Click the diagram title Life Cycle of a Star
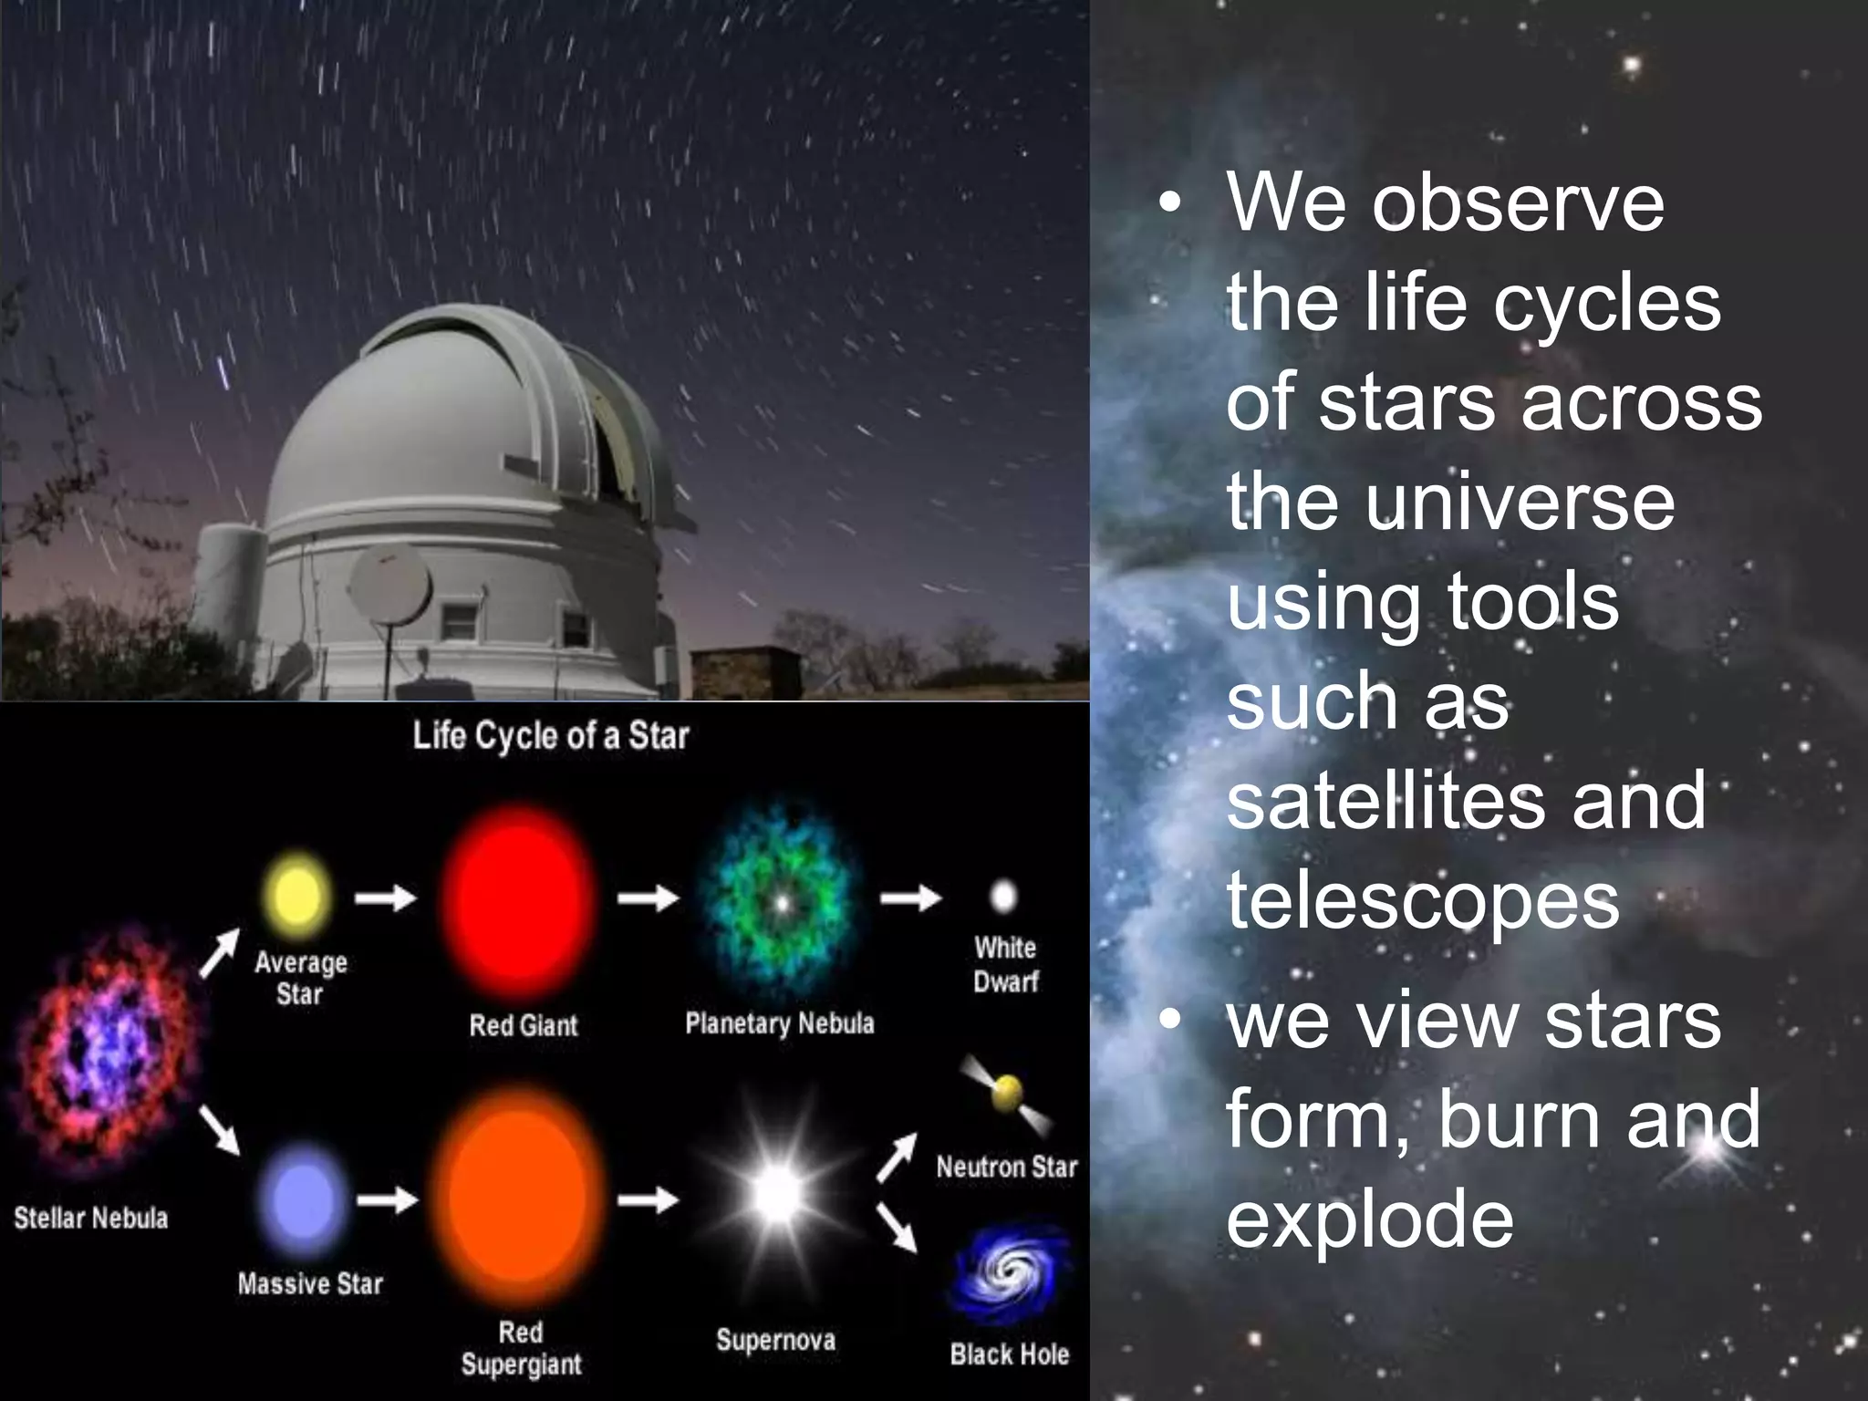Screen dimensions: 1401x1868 550,735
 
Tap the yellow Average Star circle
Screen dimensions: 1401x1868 296,895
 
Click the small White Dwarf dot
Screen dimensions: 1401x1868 1003,896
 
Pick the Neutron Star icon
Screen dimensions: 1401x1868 1007,1094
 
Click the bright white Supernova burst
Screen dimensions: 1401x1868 777,1193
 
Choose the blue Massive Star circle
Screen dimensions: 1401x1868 302,1199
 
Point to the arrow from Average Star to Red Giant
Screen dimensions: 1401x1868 385,898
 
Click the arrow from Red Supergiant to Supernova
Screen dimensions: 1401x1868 648,1199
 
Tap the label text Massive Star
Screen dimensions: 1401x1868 310,1283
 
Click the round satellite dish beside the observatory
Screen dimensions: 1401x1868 390,585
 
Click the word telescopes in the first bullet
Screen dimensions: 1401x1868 1423,901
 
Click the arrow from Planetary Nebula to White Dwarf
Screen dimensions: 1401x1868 910,898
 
